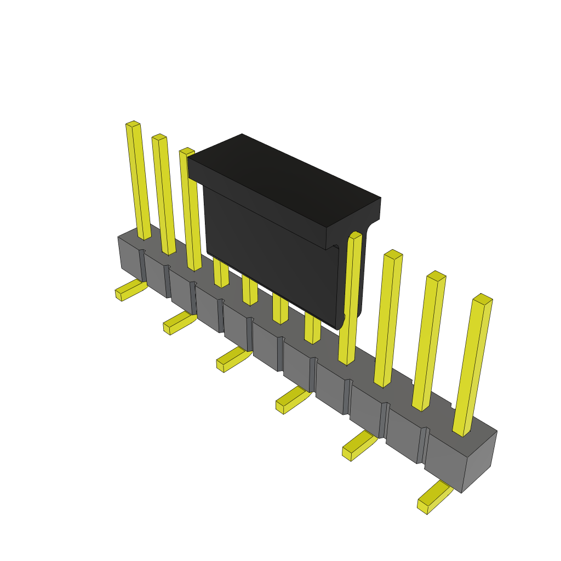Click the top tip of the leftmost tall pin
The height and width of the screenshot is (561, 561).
pos(133,124)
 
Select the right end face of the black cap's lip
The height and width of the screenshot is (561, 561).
pos(353,222)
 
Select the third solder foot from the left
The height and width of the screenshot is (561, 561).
pos(233,359)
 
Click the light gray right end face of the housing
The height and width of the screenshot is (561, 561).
pos(480,460)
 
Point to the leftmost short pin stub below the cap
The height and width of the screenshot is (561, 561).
pos(221,273)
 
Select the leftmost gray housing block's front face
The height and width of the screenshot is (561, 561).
pos(130,261)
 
